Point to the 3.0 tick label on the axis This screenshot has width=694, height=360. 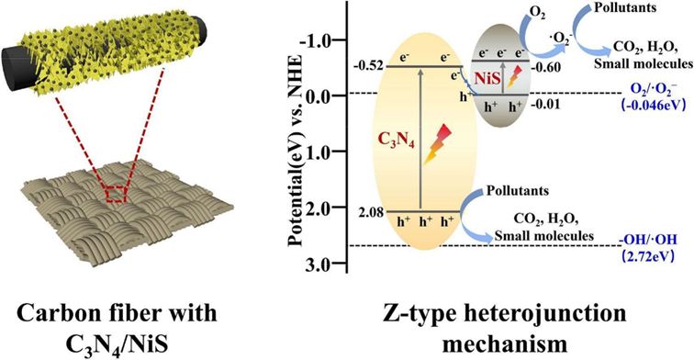click(x=318, y=264)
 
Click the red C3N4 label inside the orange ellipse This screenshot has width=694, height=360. click(x=397, y=141)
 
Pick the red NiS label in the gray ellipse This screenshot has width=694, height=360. click(x=487, y=79)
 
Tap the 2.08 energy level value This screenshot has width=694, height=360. click(x=371, y=212)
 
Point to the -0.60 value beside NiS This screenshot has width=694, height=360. click(x=546, y=67)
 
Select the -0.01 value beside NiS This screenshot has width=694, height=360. click(x=546, y=105)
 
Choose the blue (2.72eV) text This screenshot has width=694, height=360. click(x=647, y=256)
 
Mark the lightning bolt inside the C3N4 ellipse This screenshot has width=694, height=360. click(x=436, y=144)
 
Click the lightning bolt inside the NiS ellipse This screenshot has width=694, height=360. click(x=513, y=76)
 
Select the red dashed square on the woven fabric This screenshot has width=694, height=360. click(x=117, y=195)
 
